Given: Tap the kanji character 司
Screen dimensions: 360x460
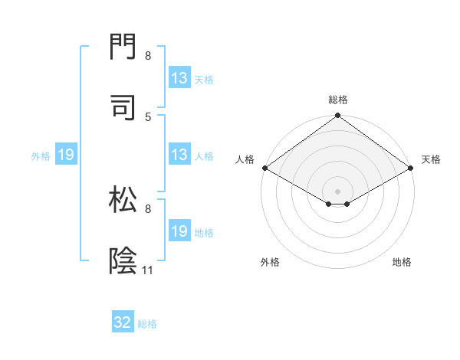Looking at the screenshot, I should [123, 107].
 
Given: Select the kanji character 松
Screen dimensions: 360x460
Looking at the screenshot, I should [123, 201].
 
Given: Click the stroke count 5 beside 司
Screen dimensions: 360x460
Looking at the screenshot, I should [148, 116].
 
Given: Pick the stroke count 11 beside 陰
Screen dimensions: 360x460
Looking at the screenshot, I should [148, 270].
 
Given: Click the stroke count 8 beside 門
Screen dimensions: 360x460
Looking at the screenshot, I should [148, 56].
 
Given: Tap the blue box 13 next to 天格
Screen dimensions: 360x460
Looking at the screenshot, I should [179, 78].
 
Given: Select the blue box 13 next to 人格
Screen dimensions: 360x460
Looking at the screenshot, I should [179, 155].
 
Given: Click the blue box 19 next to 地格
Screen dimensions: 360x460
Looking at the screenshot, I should [179, 231].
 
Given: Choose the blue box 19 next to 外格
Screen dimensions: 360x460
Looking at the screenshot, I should [66, 155].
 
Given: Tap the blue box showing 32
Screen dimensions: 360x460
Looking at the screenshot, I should [123, 322].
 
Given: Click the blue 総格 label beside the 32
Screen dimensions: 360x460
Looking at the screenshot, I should [147, 324].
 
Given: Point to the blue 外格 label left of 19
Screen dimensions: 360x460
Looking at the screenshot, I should [41, 156].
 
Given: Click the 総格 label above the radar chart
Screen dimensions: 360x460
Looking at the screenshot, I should [338, 100].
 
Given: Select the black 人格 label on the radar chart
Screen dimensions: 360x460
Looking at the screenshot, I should [245, 159].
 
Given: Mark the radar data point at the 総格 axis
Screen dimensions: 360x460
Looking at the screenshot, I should [338, 116].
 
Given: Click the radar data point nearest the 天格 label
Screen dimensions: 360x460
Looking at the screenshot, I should [412, 168].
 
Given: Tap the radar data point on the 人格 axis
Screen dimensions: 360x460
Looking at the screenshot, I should [264, 168].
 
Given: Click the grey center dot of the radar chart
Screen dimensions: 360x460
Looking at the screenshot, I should [338, 191].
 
